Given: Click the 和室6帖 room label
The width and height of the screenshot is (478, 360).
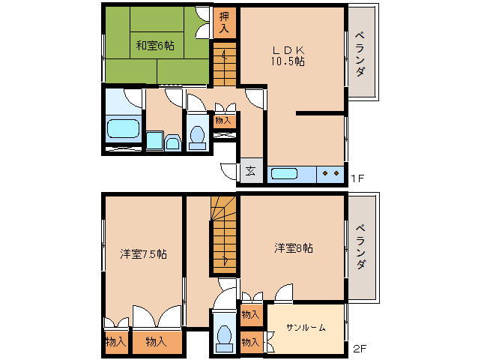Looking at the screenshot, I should click(x=155, y=45).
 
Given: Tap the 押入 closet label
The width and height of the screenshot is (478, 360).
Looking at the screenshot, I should click(x=225, y=22).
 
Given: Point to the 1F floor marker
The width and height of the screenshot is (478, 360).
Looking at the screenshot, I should click(x=357, y=178).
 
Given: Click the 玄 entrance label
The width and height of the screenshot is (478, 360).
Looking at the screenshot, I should click(x=250, y=171).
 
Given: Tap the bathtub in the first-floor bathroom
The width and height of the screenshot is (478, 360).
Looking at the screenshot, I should click(x=123, y=127).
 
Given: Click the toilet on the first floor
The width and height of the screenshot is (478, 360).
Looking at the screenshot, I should click(x=198, y=134).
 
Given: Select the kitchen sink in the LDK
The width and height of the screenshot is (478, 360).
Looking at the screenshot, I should click(x=284, y=174).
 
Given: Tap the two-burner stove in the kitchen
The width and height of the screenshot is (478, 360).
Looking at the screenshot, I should click(x=330, y=174).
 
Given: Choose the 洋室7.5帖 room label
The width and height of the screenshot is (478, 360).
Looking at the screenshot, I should click(x=143, y=253).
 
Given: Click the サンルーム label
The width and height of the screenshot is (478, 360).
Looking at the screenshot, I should click(x=306, y=328).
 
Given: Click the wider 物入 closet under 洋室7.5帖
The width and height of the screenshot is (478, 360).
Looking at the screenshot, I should click(x=156, y=342).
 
